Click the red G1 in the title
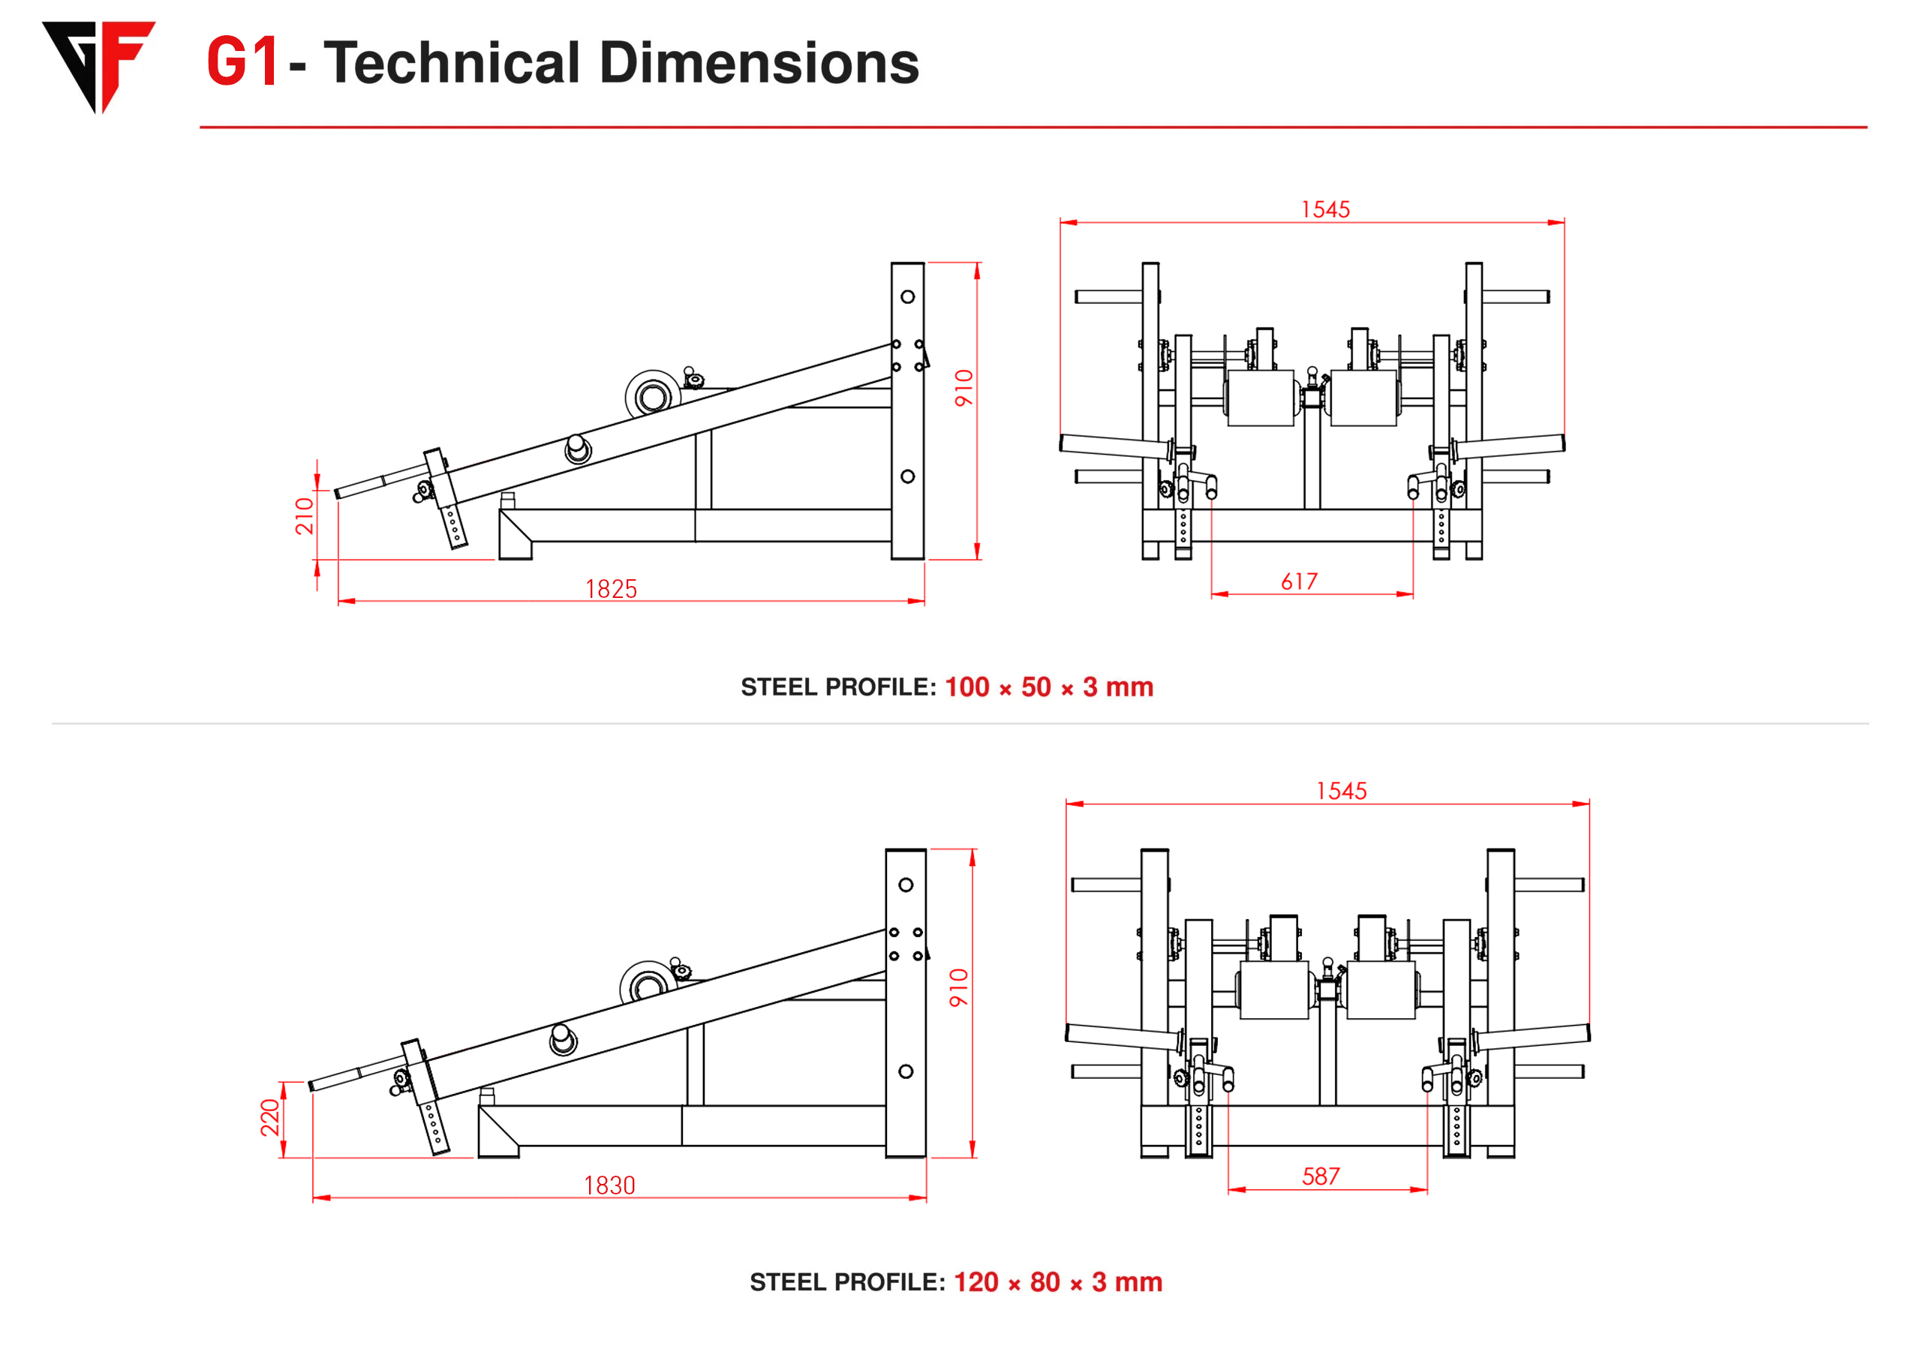[242, 63]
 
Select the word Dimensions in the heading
[759, 63]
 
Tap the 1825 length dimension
[611, 590]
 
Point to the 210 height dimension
[305, 515]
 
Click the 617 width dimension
[1300, 581]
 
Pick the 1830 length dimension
[610, 1186]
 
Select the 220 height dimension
[269, 1118]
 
